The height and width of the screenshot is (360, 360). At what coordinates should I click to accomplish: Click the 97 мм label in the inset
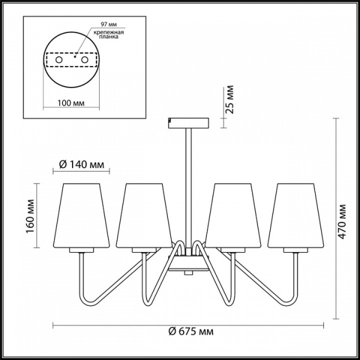click(109, 24)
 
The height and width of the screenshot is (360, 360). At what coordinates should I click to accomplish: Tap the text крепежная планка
click(109, 34)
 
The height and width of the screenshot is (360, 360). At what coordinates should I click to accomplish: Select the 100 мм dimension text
click(71, 103)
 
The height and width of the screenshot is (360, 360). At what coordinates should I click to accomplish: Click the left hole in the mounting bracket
click(59, 60)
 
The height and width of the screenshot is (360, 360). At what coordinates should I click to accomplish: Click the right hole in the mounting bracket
click(85, 60)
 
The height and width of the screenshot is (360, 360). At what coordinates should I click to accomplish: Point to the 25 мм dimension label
click(229, 100)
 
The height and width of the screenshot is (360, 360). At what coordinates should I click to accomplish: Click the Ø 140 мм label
click(82, 164)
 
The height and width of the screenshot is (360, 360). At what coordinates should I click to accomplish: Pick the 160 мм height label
click(30, 216)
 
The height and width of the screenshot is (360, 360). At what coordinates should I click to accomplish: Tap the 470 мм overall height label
click(342, 222)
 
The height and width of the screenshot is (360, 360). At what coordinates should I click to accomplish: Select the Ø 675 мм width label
click(191, 332)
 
